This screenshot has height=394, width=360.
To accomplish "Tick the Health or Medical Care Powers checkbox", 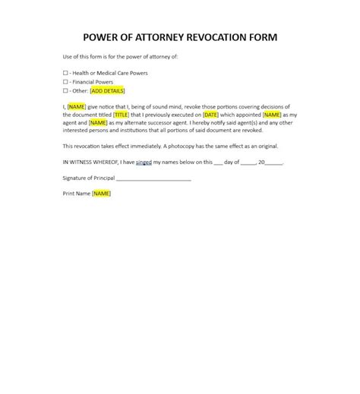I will point(65,73).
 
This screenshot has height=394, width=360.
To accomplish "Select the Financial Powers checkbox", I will point(65,81).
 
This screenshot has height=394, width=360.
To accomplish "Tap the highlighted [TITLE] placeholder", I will point(122,114).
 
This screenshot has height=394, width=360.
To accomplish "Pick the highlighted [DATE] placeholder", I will point(212,114).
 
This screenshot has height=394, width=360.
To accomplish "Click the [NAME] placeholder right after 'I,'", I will point(77,106).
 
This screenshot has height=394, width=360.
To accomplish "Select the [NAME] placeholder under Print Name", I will point(101,194).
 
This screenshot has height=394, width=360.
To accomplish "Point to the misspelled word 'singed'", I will point(144,162).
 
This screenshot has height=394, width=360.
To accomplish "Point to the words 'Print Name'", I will point(76,194).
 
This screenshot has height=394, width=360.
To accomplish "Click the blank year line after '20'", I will point(275,162).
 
